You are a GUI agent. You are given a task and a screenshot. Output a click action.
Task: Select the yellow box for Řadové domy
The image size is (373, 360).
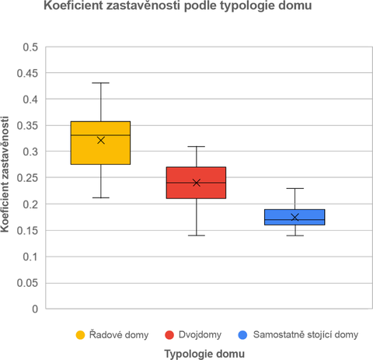[x=100, y=152]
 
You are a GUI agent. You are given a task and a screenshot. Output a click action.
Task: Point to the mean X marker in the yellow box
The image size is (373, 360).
[x=100, y=140]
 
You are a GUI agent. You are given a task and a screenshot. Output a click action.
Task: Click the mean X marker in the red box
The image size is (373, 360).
[x=196, y=183]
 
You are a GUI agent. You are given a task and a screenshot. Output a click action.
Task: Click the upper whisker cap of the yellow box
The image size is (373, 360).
[x=100, y=82]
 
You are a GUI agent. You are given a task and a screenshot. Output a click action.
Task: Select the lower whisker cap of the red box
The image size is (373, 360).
[x=196, y=235]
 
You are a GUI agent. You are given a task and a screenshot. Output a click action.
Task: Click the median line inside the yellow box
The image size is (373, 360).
[x=100, y=135]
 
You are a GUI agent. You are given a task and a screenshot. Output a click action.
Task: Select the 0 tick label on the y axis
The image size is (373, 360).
[x=34, y=309]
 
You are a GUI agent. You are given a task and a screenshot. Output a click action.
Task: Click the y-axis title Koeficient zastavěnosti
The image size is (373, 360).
[x=7, y=178]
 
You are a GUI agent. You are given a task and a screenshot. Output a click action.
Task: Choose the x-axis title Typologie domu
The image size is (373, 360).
[x=206, y=353]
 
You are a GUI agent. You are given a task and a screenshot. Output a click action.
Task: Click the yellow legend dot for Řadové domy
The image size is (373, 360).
[x=80, y=334]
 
